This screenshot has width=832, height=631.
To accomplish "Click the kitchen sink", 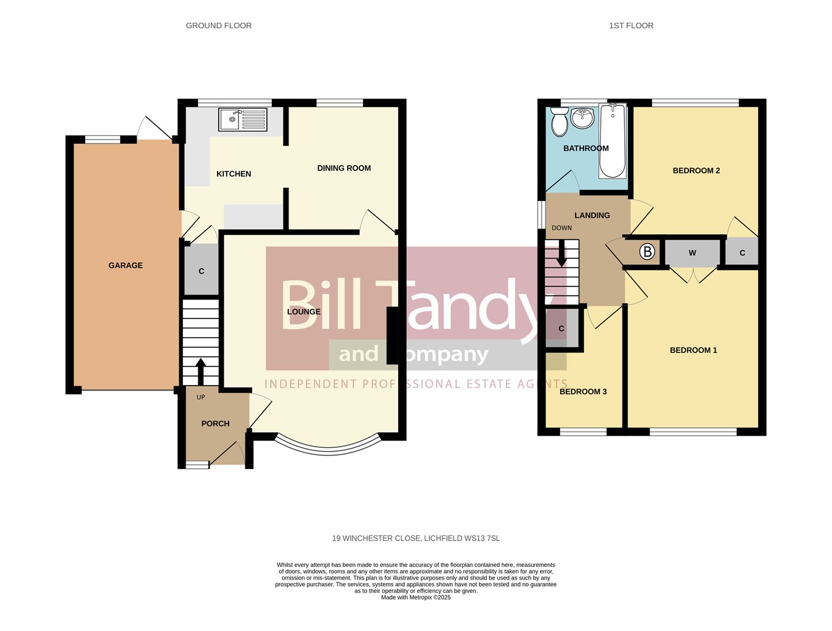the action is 243,120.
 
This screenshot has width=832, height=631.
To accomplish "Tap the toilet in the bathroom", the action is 560,121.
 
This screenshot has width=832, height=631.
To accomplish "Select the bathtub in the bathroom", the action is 612,141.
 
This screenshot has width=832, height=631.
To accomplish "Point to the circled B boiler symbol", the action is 647,251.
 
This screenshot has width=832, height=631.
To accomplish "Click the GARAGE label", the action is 126,266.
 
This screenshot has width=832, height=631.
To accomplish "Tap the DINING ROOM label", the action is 344,168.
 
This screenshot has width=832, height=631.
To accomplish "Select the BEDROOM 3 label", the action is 583,391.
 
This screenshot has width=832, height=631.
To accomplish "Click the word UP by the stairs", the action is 200,397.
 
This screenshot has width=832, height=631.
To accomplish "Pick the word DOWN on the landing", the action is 561,228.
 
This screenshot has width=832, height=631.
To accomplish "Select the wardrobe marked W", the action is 692,253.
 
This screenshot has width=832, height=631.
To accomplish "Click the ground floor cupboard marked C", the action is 202,269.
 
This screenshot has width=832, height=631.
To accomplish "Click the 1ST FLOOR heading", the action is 631,25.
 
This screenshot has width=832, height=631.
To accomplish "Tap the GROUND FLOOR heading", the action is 219,25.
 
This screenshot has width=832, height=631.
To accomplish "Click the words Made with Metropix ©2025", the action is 416,597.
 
